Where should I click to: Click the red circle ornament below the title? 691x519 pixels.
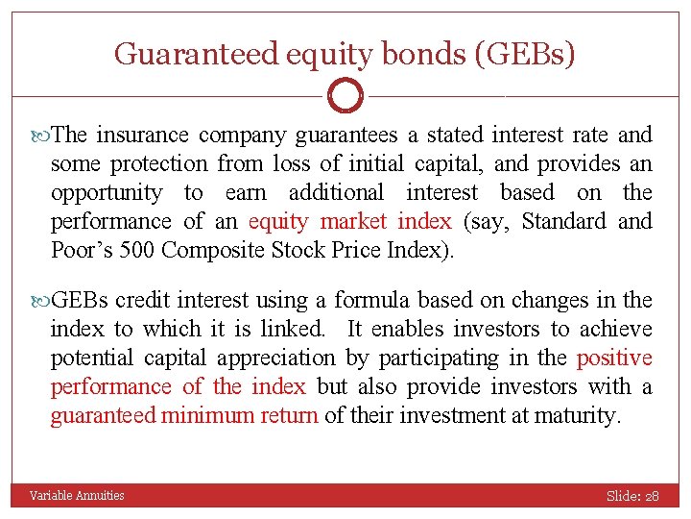[x=345, y=96]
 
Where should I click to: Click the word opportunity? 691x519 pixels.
[x=107, y=192]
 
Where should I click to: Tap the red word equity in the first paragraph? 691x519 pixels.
[x=279, y=221]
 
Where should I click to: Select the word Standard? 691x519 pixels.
[x=564, y=221]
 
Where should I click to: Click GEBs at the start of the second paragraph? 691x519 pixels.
[x=83, y=300]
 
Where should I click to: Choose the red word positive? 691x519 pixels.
[x=614, y=358]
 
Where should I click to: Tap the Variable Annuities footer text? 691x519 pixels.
[x=77, y=495]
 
